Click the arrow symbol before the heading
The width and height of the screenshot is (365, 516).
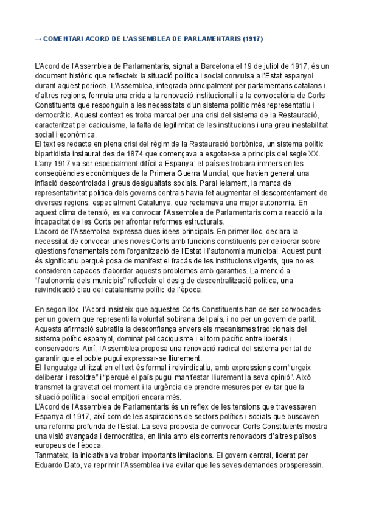38,39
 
